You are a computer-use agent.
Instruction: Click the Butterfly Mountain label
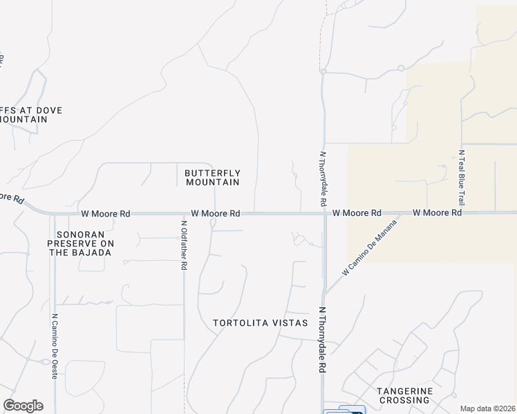pos(212,177)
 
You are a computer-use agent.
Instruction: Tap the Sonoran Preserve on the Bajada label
pos(80,244)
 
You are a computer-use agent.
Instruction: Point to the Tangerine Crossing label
pos(404,395)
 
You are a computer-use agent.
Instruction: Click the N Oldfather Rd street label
pos(184,244)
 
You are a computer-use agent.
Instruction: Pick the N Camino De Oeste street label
pos(55,347)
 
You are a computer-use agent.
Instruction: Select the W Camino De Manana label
pos(371,248)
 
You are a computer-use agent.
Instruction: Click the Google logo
pos(23,406)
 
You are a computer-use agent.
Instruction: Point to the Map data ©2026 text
pos(487,408)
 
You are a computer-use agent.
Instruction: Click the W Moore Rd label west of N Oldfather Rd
pos(105,214)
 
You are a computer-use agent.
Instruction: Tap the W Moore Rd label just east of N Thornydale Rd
pos(357,214)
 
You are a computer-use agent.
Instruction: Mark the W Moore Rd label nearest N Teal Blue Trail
pos(437,213)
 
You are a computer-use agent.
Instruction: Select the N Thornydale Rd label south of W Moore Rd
pos(322,340)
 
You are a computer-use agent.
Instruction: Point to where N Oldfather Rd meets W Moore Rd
pos(184,214)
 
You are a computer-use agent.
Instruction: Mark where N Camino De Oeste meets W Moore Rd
pos(54,214)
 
